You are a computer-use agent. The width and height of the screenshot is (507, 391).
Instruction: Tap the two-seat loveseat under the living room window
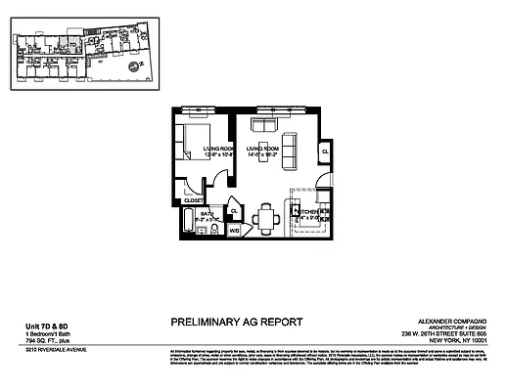point(264,125)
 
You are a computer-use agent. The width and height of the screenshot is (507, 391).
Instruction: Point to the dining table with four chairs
point(266,218)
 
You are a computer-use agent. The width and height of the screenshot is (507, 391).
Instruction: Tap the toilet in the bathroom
point(219,227)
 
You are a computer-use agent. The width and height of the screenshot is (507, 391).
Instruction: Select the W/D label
point(234,232)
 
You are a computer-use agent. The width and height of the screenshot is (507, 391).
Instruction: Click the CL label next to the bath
point(233,211)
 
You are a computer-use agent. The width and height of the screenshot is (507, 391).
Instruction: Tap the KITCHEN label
point(305,211)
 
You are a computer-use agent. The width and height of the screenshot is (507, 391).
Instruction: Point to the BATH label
point(207,212)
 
